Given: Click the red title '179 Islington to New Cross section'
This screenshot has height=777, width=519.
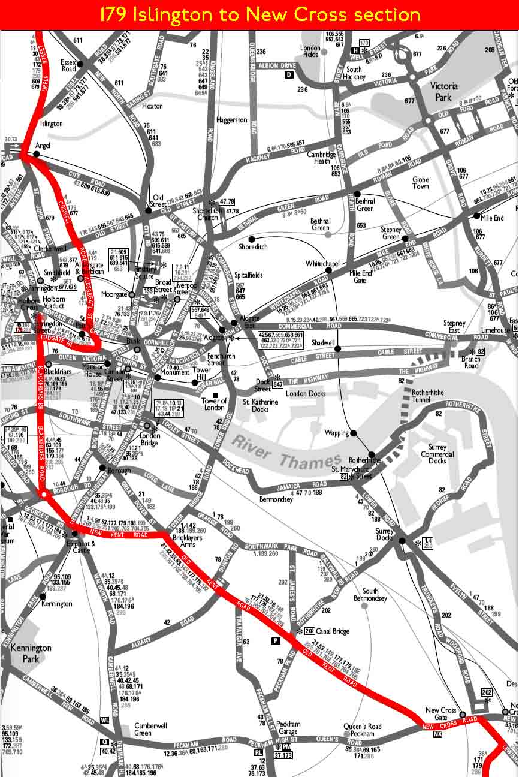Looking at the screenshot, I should pos(259,14).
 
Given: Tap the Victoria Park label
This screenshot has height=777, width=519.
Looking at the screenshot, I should pos(444,91).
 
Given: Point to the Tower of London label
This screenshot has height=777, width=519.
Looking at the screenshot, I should pos(215,405).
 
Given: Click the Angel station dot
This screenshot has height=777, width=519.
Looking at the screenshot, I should pos(37,154).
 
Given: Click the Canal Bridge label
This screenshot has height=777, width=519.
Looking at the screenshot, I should pos(333,631).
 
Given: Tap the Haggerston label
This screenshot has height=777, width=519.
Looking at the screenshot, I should pos(231,120).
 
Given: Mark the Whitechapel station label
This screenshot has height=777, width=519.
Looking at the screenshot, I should pos(322,264).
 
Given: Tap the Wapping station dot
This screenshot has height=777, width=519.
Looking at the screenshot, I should pos(354,433).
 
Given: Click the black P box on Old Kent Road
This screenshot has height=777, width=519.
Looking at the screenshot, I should pos(276,641).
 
